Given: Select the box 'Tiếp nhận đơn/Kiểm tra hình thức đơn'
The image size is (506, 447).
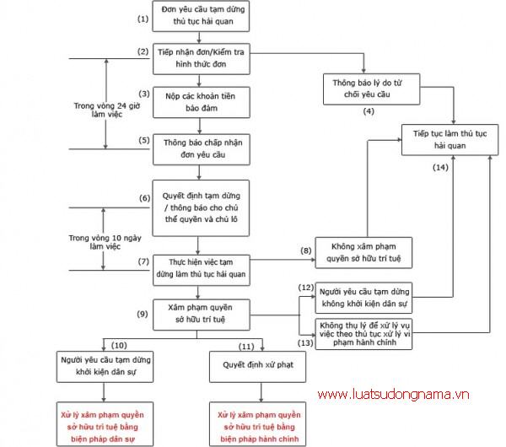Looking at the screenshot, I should coord(199,57).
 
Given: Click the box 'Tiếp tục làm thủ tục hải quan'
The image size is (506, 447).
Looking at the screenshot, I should coord(444,140).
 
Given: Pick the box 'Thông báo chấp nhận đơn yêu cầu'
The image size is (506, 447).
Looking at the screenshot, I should coord(199,149).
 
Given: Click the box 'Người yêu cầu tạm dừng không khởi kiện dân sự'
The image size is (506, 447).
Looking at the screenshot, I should coord(367,296).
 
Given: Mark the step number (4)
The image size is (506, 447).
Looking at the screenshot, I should coord(368,111).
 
